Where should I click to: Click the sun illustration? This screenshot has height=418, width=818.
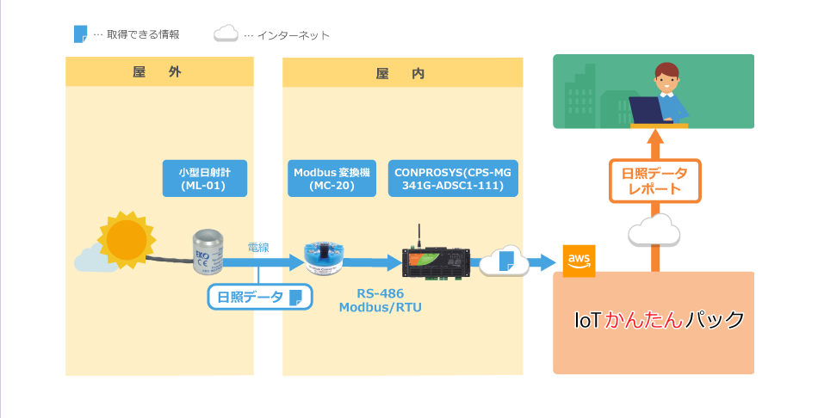pos(127,240)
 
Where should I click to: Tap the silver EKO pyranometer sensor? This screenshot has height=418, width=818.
pos(208,252)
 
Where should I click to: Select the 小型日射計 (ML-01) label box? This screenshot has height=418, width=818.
pos(205,178)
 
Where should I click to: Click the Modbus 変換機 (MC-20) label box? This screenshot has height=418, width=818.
pos(332,178)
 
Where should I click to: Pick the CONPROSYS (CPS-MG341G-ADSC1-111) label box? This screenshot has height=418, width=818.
pos(453,178)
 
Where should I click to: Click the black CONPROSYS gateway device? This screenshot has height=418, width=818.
pos(437,260)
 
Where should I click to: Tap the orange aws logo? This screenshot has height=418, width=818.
pos(579,261)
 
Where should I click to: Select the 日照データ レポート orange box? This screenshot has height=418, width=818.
pos(654,181)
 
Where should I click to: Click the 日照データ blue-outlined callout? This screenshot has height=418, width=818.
pos(260,297)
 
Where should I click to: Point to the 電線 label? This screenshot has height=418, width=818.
pos(258,247)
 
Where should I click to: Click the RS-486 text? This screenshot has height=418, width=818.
pos(381,293)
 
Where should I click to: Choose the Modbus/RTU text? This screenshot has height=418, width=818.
pos(381,308)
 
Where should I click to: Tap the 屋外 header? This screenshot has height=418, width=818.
pos(157,72)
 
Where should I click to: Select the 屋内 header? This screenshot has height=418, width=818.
pos(400,73)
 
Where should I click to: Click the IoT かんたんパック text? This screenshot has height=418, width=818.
pos(659,319)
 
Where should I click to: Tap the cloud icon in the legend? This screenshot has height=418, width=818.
pos(226,34)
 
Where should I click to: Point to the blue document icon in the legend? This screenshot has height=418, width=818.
pos(80,34)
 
